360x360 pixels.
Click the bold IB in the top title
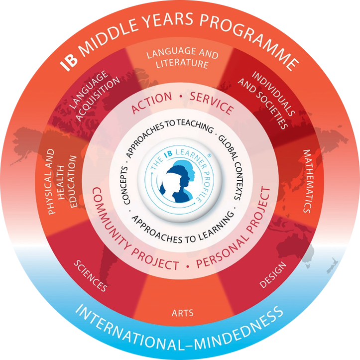coord(68,62)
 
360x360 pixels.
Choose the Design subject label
coord(273,274)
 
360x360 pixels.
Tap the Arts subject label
coord(183,313)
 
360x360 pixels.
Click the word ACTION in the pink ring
coord(151,102)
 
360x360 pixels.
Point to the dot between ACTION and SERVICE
coord(181,97)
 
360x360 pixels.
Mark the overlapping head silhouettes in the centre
coord(179,181)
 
